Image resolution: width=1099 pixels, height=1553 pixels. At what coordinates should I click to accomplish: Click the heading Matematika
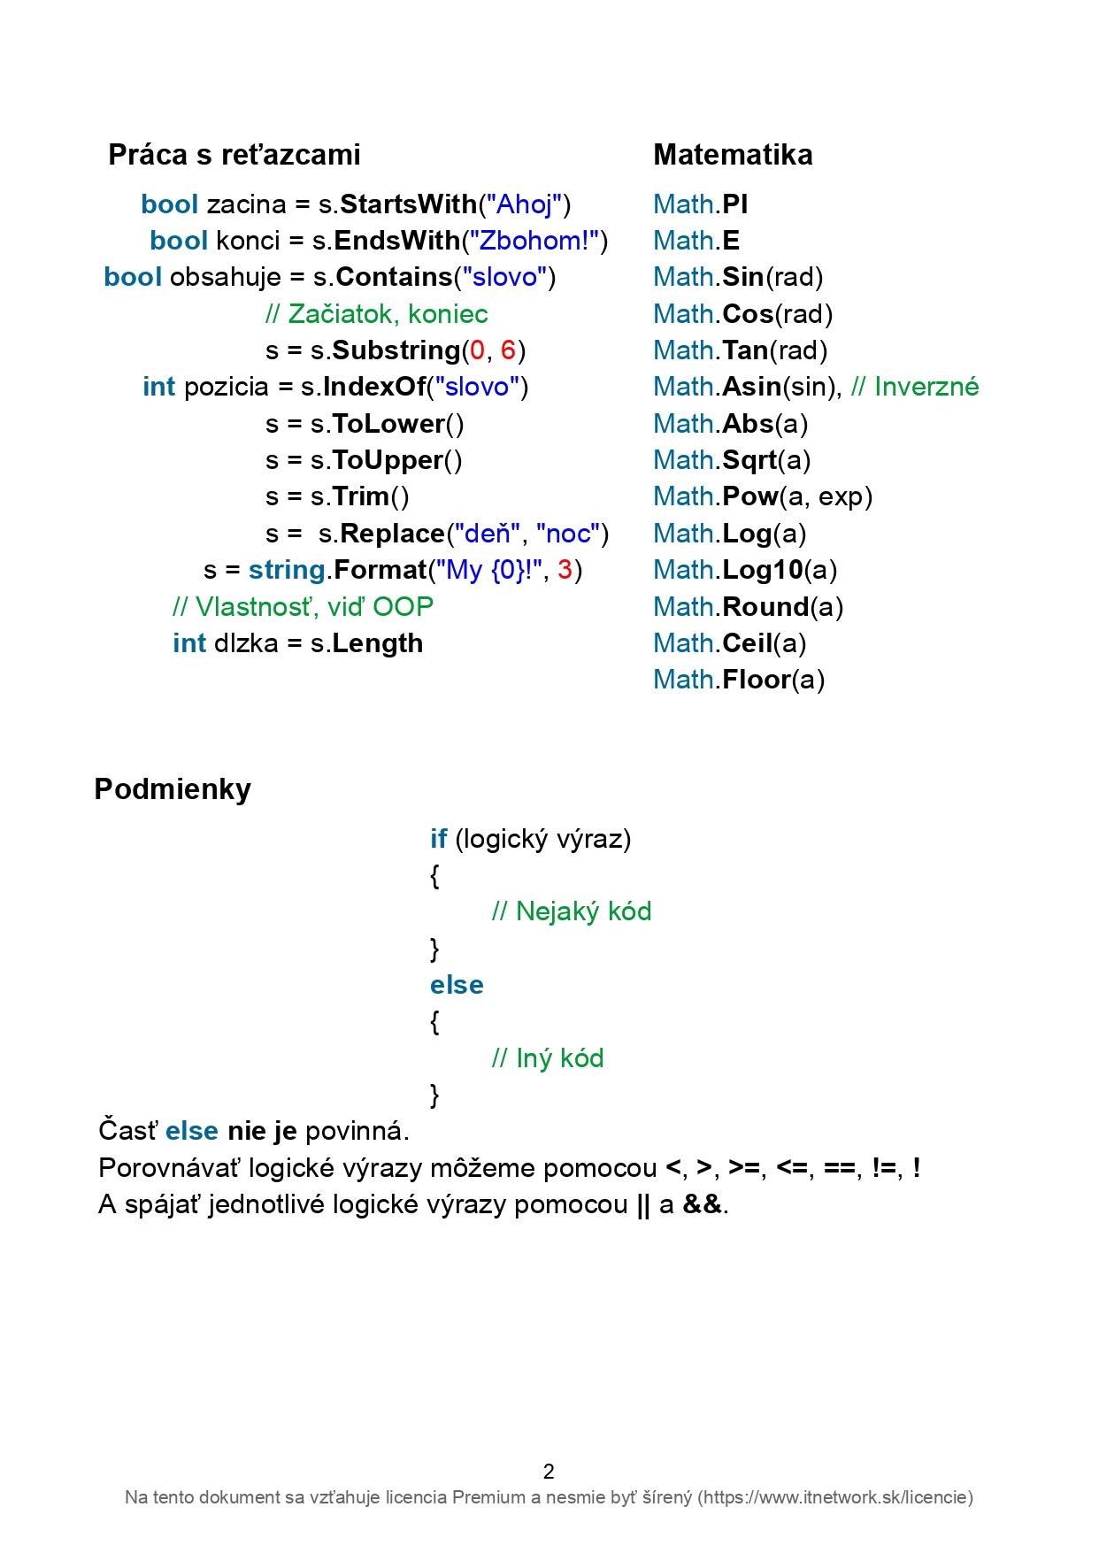(x=733, y=155)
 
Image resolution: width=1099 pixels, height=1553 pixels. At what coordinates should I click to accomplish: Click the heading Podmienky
(x=173, y=788)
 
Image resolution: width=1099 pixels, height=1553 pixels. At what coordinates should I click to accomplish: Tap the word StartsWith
(x=409, y=204)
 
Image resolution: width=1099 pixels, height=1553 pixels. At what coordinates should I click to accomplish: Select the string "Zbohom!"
(x=534, y=241)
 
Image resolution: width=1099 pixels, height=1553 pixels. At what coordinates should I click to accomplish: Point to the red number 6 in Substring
(x=508, y=350)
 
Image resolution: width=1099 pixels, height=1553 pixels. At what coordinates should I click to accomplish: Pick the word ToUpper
(x=388, y=460)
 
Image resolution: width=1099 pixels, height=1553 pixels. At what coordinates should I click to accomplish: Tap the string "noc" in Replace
(x=568, y=534)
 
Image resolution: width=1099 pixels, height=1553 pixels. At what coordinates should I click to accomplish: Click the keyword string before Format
(x=288, y=570)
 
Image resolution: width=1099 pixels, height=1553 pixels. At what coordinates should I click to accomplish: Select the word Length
(x=378, y=643)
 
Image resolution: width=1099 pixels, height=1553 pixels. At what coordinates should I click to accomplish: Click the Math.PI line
(x=701, y=204)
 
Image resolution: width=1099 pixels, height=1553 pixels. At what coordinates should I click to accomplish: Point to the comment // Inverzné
(x=915, y=387)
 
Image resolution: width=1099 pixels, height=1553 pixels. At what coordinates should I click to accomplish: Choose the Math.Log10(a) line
(x=745, y=570)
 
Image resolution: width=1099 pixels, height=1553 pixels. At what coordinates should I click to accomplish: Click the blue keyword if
(x=439, y=838)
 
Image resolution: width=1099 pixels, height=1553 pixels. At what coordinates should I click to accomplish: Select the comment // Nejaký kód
(x=572, y=911)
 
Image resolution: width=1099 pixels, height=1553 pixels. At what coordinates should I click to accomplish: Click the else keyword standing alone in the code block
(x=457, y=985)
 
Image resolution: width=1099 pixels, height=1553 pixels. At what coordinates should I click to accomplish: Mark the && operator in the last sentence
(x=703, y=1204)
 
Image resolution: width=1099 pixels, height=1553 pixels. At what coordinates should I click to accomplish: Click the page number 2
(x=549, y=1472)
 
